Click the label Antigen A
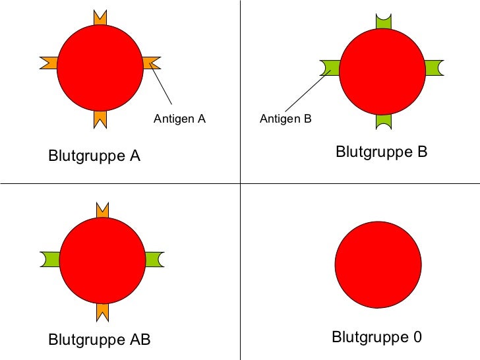pos(179,119)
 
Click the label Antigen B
pos(285,119)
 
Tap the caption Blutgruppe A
pos(94,157)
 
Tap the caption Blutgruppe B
pos(382,152)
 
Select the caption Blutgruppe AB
pos(100,340)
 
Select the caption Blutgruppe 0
pos(376,338)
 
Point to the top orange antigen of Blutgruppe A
pos(100,19)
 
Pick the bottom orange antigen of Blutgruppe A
pos(100,117)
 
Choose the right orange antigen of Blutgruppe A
pos(150,63)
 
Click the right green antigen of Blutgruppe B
pos(433,67)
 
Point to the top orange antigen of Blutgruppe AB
pos(102,210)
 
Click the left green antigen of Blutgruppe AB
pos(51,259)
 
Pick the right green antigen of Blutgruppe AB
pos(153,259)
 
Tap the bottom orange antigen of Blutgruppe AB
pos(102,311)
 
